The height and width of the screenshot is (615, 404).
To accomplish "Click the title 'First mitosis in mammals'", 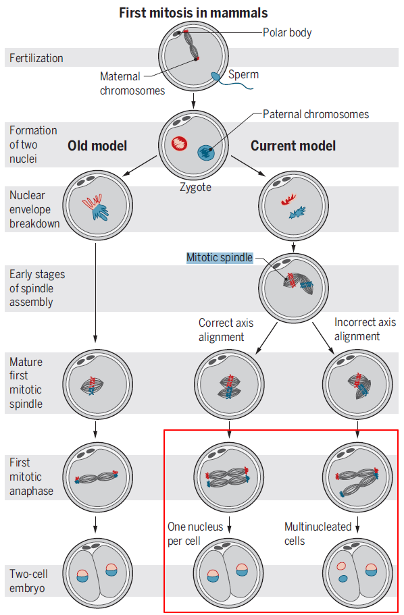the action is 193,13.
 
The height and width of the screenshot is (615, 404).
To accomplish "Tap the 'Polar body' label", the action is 287,32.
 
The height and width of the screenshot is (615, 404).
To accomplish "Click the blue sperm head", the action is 216,76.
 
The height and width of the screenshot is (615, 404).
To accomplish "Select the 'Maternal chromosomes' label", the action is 132,83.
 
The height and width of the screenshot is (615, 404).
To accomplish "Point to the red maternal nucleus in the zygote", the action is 180,143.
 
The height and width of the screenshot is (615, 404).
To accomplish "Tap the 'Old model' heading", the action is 97,146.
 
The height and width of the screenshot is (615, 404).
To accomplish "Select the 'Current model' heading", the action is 293,146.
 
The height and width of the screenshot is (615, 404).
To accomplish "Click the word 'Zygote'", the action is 195,187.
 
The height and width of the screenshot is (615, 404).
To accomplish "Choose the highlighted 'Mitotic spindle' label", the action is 220,258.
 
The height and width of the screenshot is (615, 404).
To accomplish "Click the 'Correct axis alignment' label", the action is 226,330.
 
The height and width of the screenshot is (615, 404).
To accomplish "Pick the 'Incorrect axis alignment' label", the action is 365,329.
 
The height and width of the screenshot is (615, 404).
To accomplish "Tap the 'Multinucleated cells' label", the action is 318,533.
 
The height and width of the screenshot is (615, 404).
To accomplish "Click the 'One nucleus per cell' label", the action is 195,533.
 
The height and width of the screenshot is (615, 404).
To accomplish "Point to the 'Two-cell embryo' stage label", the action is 28,581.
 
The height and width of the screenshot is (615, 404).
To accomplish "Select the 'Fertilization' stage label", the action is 36,59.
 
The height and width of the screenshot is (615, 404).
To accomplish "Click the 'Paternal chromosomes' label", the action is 315,114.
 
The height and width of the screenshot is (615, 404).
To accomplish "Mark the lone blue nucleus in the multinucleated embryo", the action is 343,579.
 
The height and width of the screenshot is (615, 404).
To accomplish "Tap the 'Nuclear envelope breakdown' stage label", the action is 34,209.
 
